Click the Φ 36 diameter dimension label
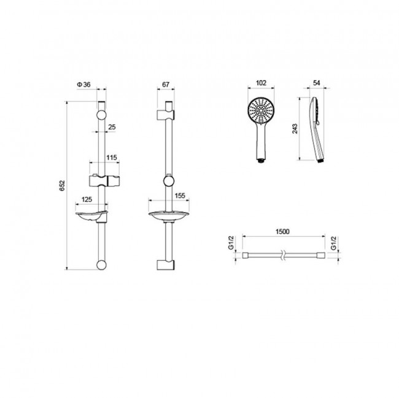(83, 85)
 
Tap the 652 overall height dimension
(63, 186)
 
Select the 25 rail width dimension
(112, 127)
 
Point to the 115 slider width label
(112, 158)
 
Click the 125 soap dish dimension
(87, 199)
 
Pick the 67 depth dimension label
(166, 85)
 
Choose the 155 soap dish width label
(180, 196)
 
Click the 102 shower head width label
(261, 83)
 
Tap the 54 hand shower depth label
(316, 83)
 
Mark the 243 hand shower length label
(295, 129)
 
